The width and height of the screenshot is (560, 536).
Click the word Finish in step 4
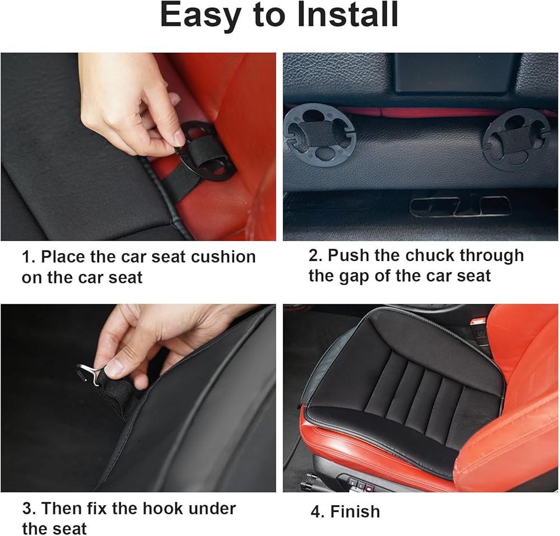[354, 511]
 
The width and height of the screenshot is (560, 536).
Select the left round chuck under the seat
[319, 134]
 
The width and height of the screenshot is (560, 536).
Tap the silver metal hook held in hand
[88, 374]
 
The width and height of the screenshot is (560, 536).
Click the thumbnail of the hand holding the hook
[138, 398]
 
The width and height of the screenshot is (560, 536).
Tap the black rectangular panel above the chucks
[455, 73]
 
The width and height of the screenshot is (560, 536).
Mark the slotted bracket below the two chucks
[460, 207]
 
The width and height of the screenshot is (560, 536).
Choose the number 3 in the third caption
[27, 508]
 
